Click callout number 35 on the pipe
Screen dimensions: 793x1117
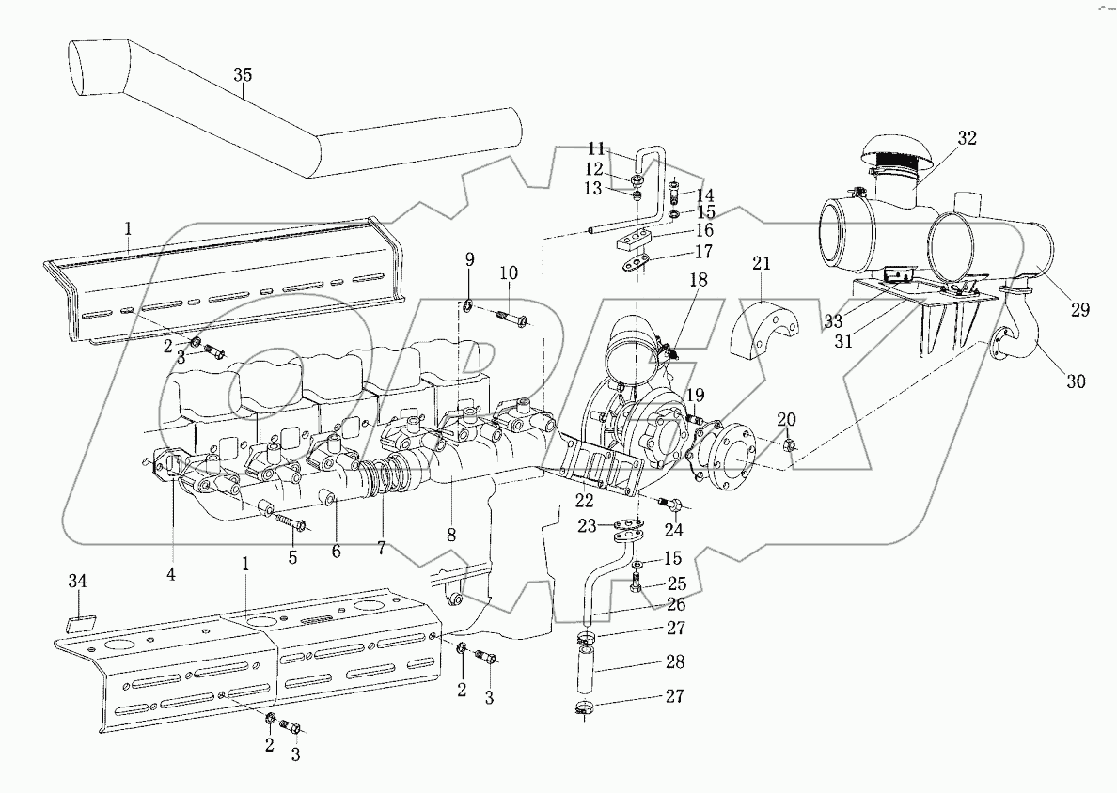pos(243,79)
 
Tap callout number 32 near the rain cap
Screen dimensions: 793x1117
pos(968,139)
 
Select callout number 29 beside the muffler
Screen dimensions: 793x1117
pos(1079,310)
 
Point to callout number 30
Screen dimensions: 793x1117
pos(1075,381)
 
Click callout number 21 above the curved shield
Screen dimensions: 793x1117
pos(761,264)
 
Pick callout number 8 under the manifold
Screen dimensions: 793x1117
pos(451,535)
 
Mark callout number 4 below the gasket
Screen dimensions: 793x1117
pos(172,571)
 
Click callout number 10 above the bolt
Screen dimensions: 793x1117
pos(508,272)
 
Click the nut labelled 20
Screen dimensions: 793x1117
pos(789,444)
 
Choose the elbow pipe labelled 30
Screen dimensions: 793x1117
pos(1011,348)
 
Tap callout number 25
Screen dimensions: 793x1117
pos(676,584)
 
